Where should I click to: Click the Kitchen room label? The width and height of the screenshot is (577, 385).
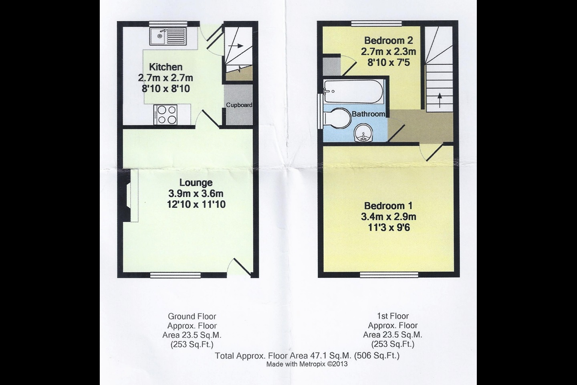165,67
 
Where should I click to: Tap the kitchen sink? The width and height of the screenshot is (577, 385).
167,36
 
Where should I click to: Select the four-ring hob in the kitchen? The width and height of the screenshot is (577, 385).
165,114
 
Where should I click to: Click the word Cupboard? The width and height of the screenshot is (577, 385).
239,105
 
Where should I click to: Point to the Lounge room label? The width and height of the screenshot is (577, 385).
196,182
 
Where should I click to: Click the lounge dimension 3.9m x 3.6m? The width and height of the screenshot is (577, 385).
196,193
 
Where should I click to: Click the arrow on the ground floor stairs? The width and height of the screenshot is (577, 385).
236,46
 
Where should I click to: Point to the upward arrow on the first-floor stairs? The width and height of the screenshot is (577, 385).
440,100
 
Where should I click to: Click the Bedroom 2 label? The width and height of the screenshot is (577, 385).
388,41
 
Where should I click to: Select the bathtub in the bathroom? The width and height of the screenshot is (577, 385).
353,91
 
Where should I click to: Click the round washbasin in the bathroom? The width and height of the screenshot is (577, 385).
363,133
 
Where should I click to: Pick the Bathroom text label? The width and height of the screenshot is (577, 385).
368,114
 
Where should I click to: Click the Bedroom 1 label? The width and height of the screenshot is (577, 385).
388,206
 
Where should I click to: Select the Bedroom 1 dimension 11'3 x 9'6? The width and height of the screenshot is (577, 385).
389,228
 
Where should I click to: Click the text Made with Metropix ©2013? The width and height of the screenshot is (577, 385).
307,364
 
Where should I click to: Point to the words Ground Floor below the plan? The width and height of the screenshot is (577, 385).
192,316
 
